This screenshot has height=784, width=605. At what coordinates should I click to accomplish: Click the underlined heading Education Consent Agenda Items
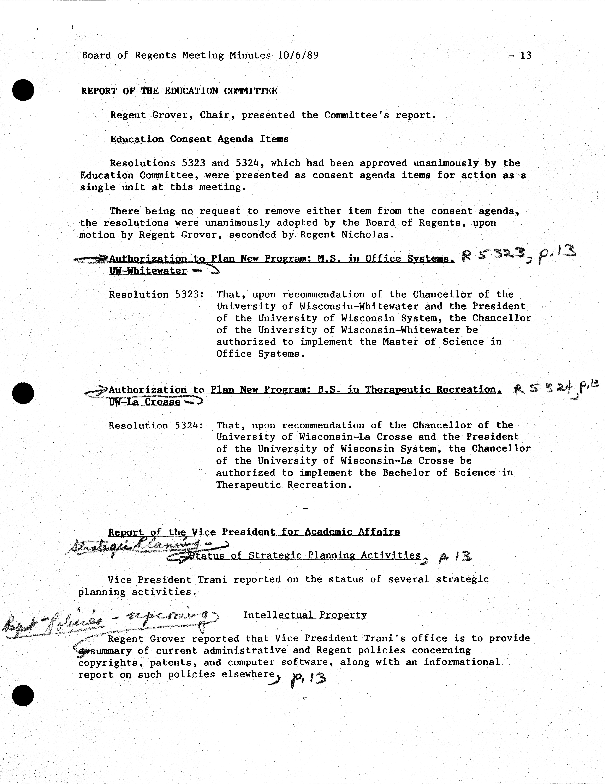click(x=199, y=139)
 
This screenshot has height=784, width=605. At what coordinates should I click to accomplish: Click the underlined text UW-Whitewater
click(x=148, y=271)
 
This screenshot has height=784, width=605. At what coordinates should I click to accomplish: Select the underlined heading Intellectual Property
click(x=305, y=615)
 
